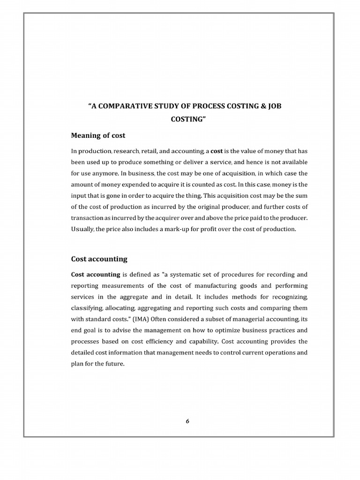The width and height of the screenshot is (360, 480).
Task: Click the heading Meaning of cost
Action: tap(98, 135)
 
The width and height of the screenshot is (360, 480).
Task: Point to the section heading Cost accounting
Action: tap(99, 259)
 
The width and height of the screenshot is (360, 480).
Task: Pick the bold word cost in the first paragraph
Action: tap(217, 151)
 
